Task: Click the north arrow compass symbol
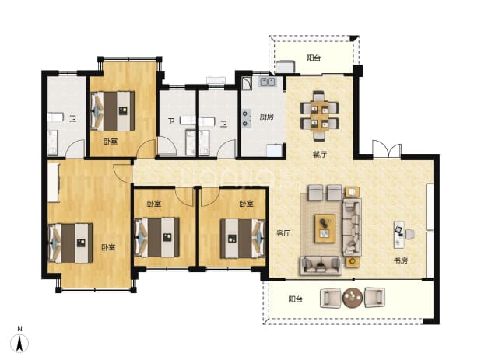(19, 344)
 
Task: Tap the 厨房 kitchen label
(267, 117)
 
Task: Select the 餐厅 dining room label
(319, 155)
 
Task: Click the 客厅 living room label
(283, 233)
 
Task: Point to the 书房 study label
(401, 260)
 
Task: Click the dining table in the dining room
(319, 116)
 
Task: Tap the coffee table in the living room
(325, 229)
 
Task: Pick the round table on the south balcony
(353, 298)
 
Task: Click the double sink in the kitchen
(268, 82)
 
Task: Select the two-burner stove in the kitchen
(246, 118)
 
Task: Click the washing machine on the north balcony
(285, 67)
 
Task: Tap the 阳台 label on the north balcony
(314, 58)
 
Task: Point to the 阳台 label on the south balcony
(296, 299)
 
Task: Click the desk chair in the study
(409, 234)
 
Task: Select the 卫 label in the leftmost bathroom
(72, 118)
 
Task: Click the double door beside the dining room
(387, 149)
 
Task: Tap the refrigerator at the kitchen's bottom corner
(274, 150)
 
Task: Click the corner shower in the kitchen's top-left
(246, 82)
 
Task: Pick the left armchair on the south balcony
(330, 298)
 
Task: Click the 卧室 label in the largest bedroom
(108, 247)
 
